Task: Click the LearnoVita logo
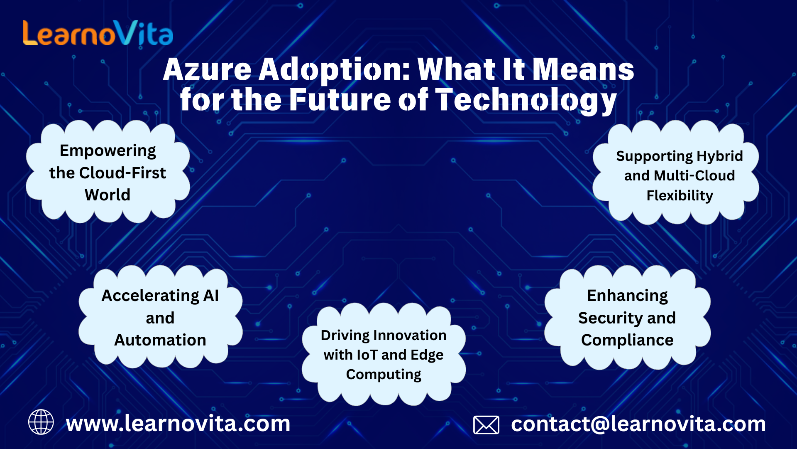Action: [98, 33]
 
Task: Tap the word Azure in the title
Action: [207, 69]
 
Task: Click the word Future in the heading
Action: [340, 100]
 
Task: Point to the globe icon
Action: [41, 422]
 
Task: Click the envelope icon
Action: [486, 424]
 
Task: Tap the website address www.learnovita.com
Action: [178, 424]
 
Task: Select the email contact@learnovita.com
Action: [638, 424]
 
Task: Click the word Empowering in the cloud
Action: [108, 151]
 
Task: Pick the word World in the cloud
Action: [108, 195]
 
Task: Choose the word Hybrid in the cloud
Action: [720, 156]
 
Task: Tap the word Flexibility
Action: [680, 195]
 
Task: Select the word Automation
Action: [160, 340]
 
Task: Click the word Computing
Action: [384, 375]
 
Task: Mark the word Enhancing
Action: [627, 296]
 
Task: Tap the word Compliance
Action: [627, 340]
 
